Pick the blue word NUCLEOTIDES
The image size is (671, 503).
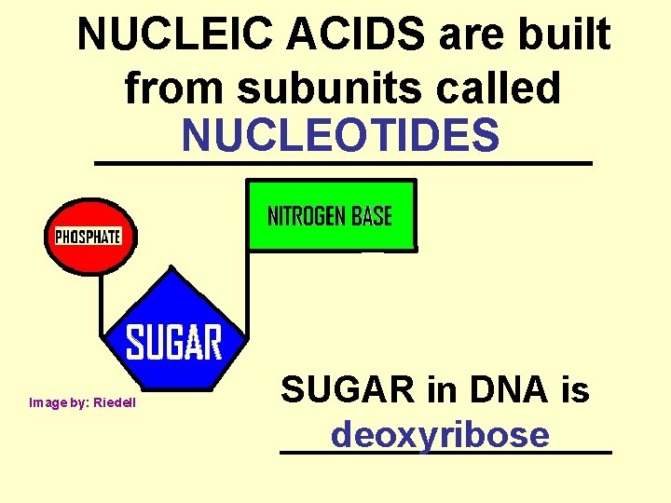(341, 136)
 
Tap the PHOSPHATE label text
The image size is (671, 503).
(89, 236)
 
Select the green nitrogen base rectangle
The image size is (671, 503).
(330, 238)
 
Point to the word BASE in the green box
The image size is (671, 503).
(370, 217)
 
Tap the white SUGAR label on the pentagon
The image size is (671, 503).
(174, 343)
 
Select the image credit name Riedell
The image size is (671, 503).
(116, 402)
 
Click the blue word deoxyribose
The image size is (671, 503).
(440, 434)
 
